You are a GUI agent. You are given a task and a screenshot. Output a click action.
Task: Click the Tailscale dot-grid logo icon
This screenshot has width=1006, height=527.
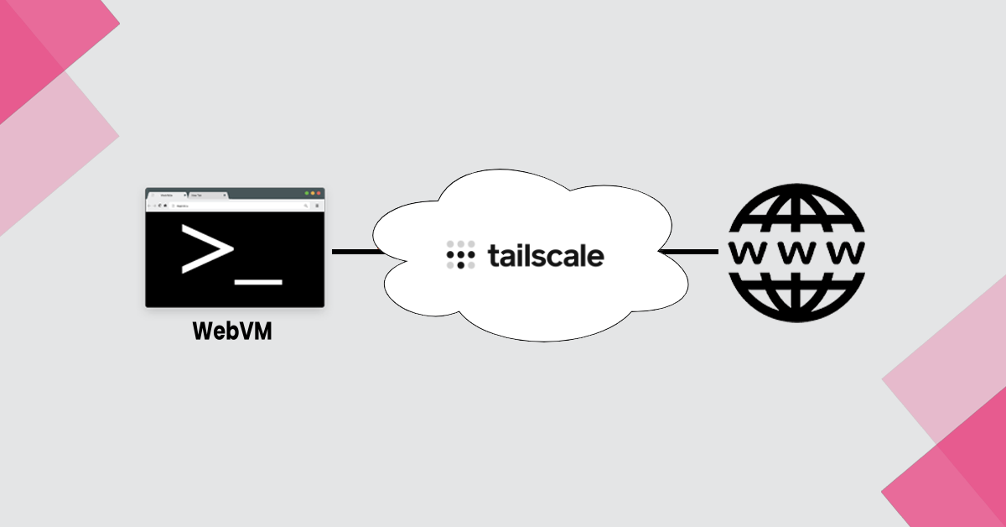click(461, 254)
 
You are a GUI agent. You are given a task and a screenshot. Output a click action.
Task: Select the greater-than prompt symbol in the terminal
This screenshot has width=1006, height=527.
click(206, 249)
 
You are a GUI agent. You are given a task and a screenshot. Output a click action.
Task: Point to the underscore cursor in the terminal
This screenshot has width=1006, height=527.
click(259, 280)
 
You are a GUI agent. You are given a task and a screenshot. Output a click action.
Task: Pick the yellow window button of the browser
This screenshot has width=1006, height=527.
click(314, 194)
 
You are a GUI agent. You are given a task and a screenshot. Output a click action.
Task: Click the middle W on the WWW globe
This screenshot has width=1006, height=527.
click(796, 252)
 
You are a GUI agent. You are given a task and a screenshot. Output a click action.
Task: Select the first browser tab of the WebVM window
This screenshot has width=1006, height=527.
click(167, 195)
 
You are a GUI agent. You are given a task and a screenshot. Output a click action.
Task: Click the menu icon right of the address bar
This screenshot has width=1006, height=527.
click(317, 205)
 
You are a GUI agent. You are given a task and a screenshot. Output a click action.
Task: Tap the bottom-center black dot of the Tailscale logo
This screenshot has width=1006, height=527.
click(461, 265)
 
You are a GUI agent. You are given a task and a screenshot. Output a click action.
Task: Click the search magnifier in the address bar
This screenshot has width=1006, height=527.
click(306, 205)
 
